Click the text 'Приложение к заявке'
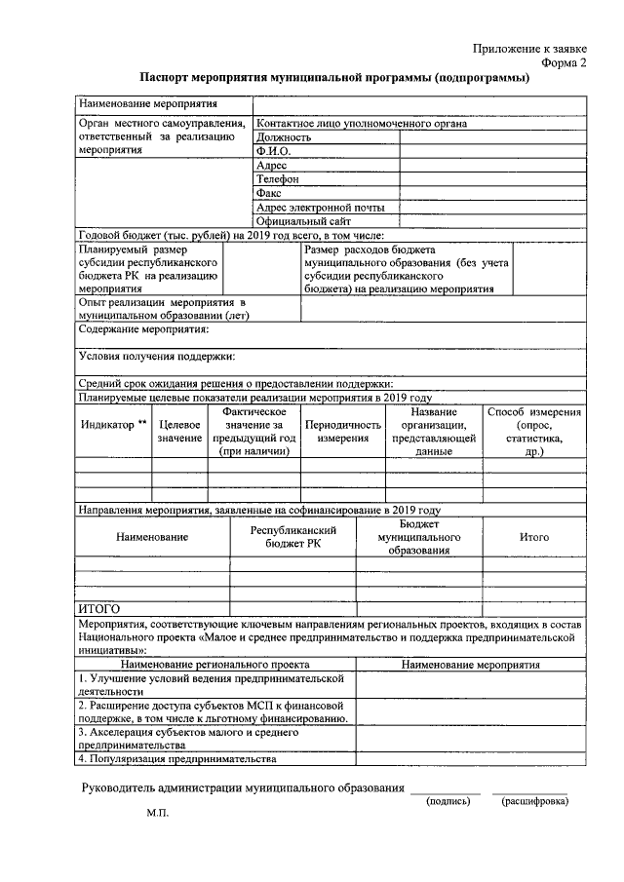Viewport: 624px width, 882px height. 529,48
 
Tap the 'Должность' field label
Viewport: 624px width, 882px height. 284,137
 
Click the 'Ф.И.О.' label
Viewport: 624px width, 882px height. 274,151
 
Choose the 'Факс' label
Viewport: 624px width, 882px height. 268,193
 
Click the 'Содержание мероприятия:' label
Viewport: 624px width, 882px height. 143,329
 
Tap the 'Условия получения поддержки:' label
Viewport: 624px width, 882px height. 156,357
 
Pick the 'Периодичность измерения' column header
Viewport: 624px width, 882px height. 342,432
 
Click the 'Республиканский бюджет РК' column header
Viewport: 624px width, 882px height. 292,536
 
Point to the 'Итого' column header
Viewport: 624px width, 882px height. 533,537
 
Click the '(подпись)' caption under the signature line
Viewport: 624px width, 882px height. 448,801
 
